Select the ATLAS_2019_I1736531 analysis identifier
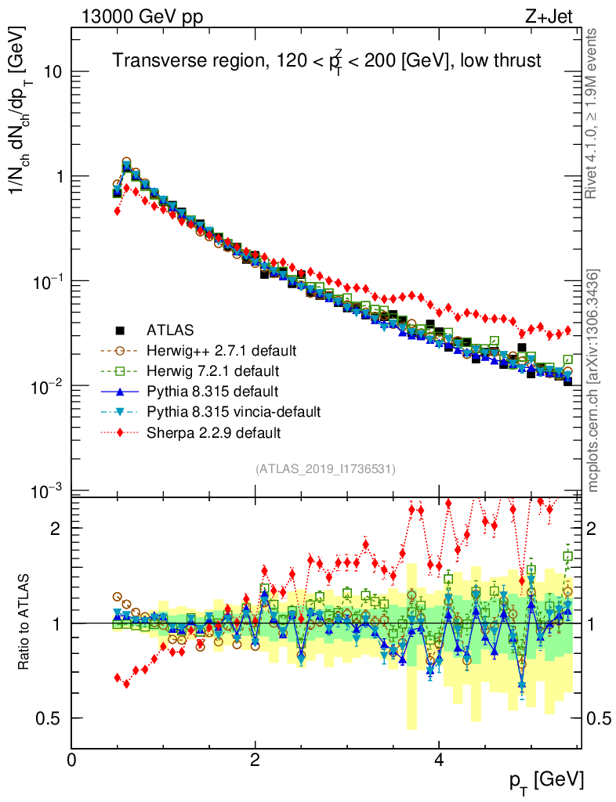pyautogui.click(x=325, y=469)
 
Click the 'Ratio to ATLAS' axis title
pyautogui.click(x=26, y=623)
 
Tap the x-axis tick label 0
pyautogui.click(x=71, y=759)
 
